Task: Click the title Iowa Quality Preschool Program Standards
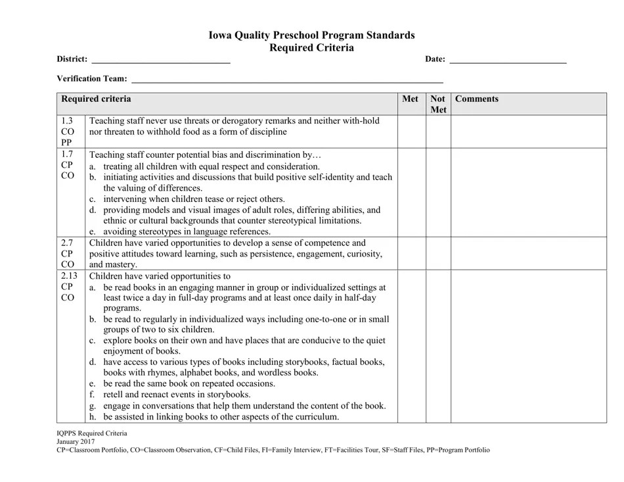click(x=312, y=36)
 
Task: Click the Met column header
click(x=410, y=99)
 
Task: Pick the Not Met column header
click(x=438, y=105)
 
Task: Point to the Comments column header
click(x=477, y=99)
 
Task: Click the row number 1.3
click(x=67, y=121)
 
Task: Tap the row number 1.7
click(x=67, y=155)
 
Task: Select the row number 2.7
click(x=67, y=243)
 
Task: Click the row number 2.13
click(x=69, y=276)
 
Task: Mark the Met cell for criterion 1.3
click(x=411, y=132)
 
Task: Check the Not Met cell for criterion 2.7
click(x=438, y=254)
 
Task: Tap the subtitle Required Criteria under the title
click(x=312, y=48)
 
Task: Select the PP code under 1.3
click(x=67, y=142)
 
